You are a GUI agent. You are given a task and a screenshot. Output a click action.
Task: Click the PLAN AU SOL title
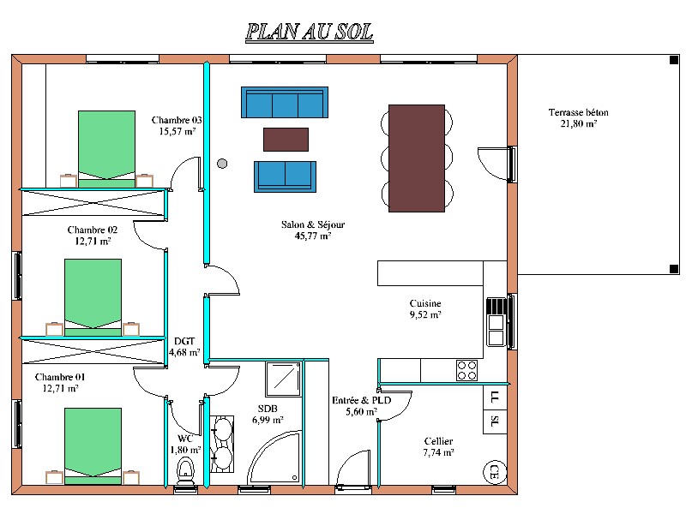pos(310,33)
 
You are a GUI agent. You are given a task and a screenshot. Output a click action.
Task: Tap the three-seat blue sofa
pos(285,102)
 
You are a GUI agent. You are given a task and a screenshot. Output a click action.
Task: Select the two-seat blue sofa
pos(285,176)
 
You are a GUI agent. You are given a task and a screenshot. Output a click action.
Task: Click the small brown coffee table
pos(286,140)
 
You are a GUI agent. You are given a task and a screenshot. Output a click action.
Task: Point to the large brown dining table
pos(417,158)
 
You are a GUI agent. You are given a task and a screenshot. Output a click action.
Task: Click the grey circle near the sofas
pos(222,164)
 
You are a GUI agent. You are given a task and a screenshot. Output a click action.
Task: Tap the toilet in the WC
pos(186,470)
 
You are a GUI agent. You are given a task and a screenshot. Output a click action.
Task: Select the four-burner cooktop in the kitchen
pos(466,370)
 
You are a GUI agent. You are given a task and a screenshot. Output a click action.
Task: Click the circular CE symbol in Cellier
pos(495,472)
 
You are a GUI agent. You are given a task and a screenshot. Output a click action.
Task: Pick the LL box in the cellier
pos(495,397)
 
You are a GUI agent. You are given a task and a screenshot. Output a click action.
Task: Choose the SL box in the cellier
pos(495,421)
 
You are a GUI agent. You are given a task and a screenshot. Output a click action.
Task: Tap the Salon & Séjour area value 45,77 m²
pos(313,236)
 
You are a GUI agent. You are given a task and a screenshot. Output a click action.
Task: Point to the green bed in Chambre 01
pos(93,446)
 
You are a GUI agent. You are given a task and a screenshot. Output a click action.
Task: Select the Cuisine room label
pos(425,303)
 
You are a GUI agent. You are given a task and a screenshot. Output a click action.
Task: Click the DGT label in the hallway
pos(184,341)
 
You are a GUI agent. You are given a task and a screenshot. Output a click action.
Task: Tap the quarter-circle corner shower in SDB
pos(274,457)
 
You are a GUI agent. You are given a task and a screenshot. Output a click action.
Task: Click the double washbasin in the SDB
pos(222,444)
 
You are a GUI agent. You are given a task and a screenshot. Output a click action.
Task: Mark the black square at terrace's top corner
pos(674,60)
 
